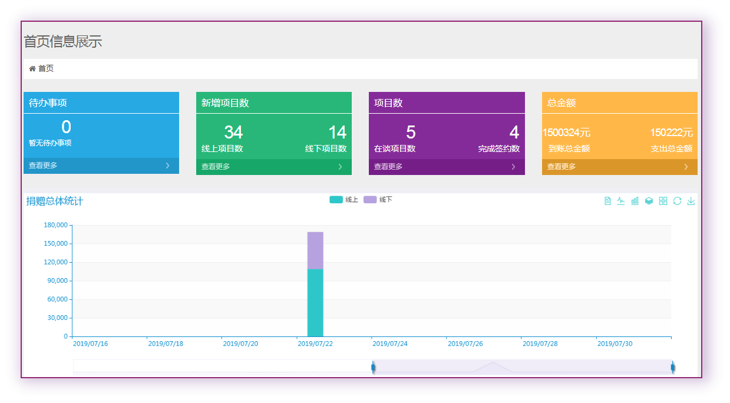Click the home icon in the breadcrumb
click(x=32, y=69)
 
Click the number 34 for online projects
click(x=233, y=133)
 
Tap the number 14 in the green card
click(x=337, y=133)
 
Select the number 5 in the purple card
click(x=411, y=133)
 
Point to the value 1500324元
click(x=566, y=133)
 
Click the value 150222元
click(x=671, y=133)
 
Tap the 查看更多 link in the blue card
click(x=43, y=166)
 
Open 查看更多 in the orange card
click(x=561, y=167)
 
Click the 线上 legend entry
click(x=344, y=200)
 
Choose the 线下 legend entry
click(x=378, y=200)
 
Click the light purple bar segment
click(x=315, y=250)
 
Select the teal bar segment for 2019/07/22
click(x=315, y=303)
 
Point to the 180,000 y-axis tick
click(x=56, y=225)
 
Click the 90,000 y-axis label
click(x=58, y=281)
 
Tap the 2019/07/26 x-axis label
click(x=465, y=343)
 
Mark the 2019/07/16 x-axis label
click(x=90, y=343)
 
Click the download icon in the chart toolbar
click(x=691, y=201)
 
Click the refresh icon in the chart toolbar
click(x=677, y=201)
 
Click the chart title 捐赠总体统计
click(x=55, y=201)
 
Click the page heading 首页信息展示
click(x=63, y=41)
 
